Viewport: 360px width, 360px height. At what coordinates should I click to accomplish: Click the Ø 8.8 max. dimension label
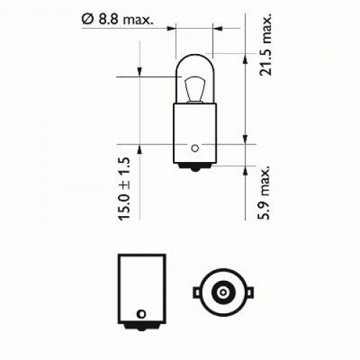[117, 19]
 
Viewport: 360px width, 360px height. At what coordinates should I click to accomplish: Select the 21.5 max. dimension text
[266, 45]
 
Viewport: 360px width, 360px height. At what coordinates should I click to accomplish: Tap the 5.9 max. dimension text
[264, 192]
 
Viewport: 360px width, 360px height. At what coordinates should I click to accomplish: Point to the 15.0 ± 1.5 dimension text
[124, 189]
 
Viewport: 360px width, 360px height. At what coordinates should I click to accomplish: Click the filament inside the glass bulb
[195, 89]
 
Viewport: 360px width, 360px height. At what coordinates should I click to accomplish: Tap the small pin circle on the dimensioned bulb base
[195, 148]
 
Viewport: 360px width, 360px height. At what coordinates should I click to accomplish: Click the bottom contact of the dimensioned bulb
[195, 167]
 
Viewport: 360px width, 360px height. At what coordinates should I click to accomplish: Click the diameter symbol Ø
[86, 19]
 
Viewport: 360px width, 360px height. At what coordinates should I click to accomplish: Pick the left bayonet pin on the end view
[197, 292]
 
